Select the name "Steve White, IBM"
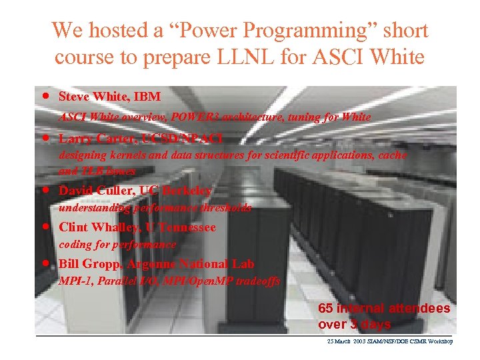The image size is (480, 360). [109, 97]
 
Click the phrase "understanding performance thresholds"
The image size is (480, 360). [155, 208]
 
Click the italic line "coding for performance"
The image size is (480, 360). [118, 245]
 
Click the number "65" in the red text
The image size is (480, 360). [326, 309]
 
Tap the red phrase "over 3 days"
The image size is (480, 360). [354, 325]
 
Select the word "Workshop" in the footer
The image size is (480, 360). [439, 341]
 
